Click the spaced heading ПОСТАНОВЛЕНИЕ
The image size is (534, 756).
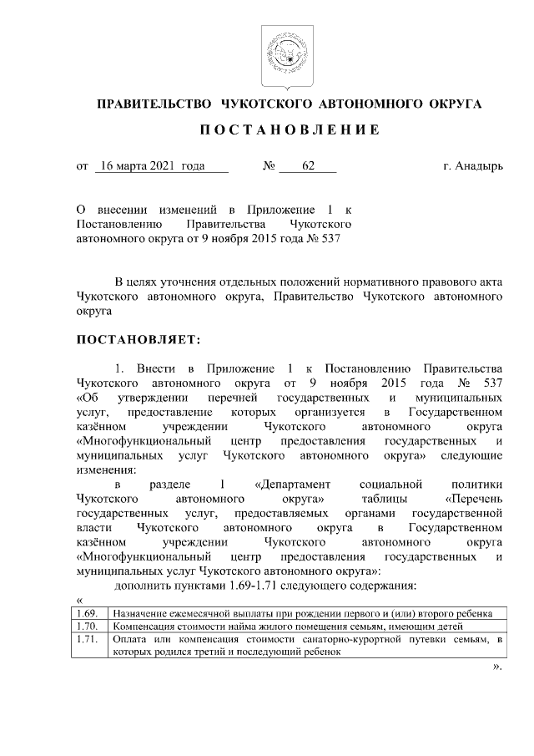coord(289,130)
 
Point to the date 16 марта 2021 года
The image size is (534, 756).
coord(150,166)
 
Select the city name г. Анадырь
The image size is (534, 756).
coord(473,166)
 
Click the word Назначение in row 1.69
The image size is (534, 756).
coord(141,612)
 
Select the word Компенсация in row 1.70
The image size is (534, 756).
coord(146,625)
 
